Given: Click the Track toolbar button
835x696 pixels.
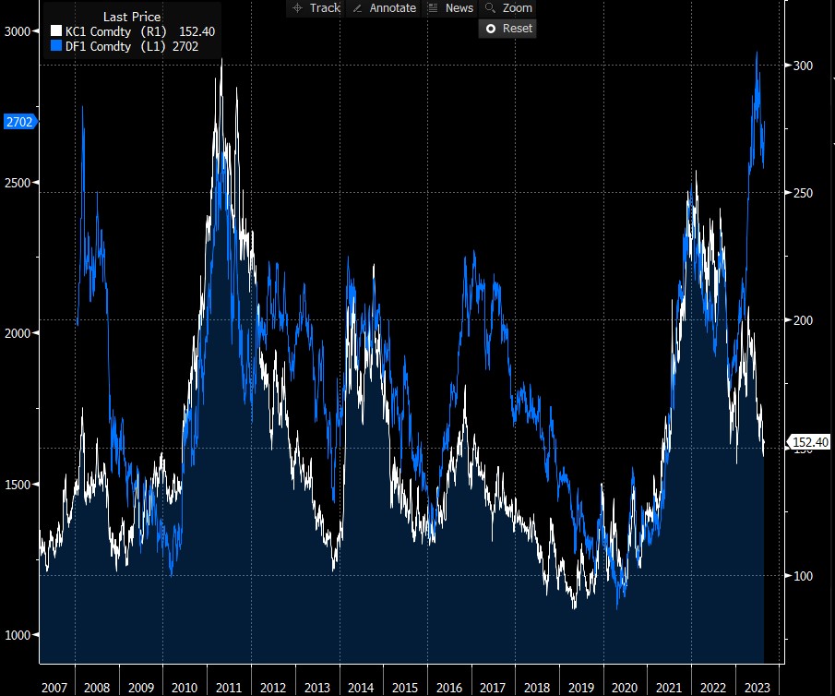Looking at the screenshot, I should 316,8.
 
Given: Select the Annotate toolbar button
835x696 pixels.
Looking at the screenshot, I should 384,8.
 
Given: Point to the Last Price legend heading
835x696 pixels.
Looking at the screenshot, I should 131,18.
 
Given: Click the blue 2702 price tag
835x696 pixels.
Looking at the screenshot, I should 18,122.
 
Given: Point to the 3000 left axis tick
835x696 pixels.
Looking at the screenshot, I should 18,31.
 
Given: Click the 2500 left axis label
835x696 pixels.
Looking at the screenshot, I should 18,182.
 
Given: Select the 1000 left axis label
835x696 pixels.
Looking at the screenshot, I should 18,634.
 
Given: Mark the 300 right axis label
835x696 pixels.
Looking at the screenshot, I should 803,66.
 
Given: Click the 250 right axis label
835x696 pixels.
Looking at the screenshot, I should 803,193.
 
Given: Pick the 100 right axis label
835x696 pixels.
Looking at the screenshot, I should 803,576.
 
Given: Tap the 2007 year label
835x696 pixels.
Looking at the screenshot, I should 54,688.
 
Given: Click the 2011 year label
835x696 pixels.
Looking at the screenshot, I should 229,688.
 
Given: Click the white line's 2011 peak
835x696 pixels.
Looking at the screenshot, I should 221,60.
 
